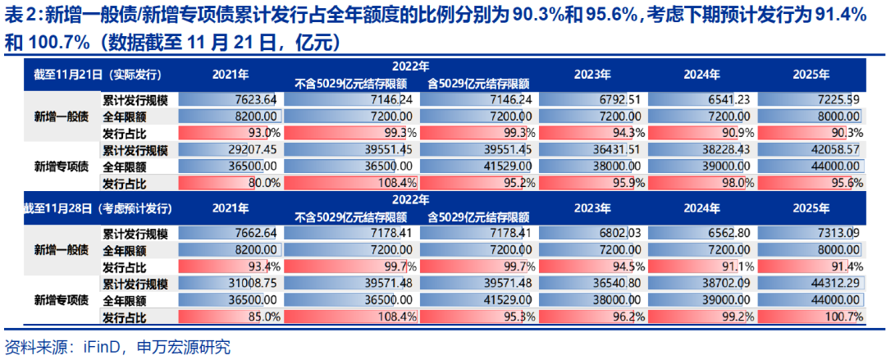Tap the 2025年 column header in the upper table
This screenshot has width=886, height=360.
pyautogui.click(x=811, y=73)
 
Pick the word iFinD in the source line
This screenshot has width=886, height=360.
pyautogui.click(x=103, y=347)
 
